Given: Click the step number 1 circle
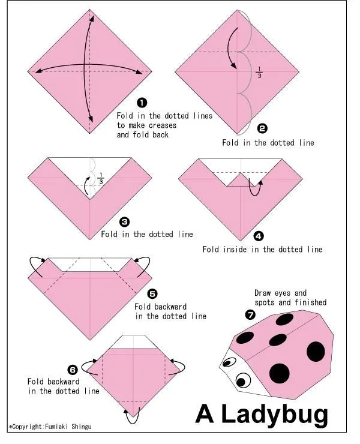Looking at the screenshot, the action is click(142, 103).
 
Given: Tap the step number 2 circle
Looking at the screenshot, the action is click(262, 128).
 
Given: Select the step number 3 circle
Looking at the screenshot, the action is click(125, 222).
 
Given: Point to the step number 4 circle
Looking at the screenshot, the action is click(259, 236).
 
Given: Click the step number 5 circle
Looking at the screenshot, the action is click(152, 294).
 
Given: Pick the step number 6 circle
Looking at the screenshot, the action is click(73, 370).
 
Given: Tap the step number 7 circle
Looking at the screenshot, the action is click(250, 314).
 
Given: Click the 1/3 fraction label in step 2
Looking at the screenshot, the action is click(259, 72).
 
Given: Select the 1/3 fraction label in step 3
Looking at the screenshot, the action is click(101, 178).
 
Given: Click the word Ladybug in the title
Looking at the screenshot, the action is click(275, 415).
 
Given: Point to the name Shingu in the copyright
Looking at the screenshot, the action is click(81, 427).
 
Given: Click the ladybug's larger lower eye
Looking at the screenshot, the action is click(242, 380).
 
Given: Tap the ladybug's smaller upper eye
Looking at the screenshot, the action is click(229, 362).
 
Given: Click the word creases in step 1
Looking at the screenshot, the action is click(163, 125).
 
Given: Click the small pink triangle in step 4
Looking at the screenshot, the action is click(241, 180).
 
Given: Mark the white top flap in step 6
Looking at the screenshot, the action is click(133, 342).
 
